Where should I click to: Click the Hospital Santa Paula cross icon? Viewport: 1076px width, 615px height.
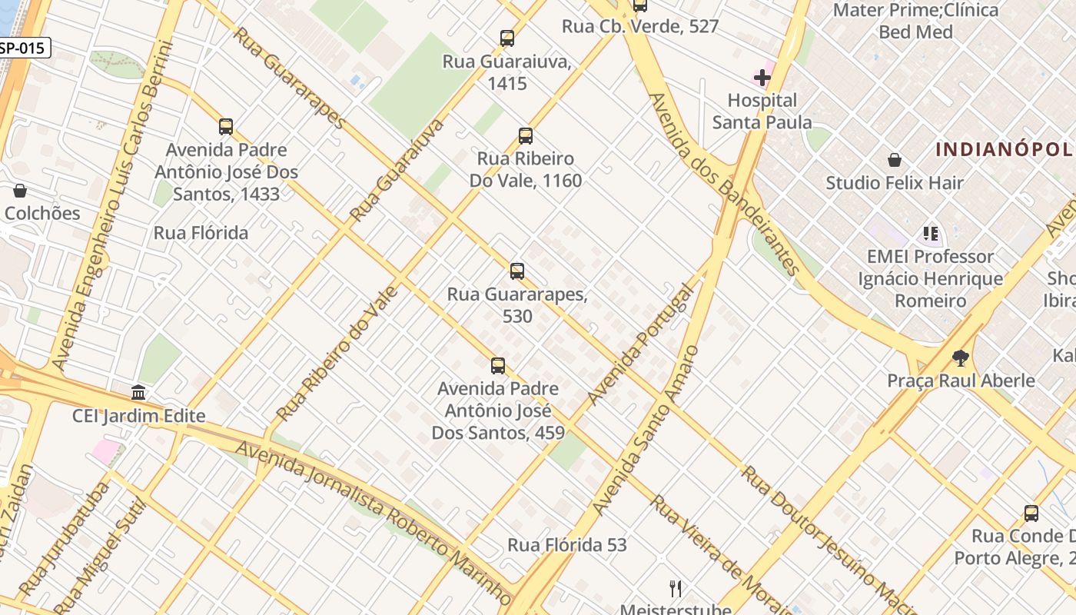coord(762,78)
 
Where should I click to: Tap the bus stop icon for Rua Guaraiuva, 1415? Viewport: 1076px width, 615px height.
coord(506,38)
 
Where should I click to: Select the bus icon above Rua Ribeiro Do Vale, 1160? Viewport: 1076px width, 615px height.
coord(526,136)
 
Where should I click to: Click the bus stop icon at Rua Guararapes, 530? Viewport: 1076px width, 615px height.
coord(517,271)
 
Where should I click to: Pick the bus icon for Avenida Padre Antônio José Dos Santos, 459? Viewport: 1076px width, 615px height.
coord(498,365)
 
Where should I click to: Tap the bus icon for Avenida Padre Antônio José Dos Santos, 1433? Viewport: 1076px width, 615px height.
coord(226,127)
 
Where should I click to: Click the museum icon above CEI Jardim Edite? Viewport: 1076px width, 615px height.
coord(138,393)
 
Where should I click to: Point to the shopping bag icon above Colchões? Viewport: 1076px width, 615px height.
coord(20,191)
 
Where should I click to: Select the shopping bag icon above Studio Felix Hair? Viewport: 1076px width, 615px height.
coord(895,160)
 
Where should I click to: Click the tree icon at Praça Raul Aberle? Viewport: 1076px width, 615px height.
coord(960,357)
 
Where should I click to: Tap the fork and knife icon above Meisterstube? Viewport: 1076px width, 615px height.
coord(676,589)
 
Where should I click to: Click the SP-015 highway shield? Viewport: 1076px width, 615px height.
coord(23,48)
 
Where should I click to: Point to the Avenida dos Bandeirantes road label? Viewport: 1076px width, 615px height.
coord(725,184)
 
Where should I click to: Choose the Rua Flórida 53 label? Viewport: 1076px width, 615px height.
coord(567,545)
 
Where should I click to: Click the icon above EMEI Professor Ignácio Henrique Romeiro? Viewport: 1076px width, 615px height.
coord(931,233)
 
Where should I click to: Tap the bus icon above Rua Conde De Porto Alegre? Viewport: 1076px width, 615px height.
coord(1031,514)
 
